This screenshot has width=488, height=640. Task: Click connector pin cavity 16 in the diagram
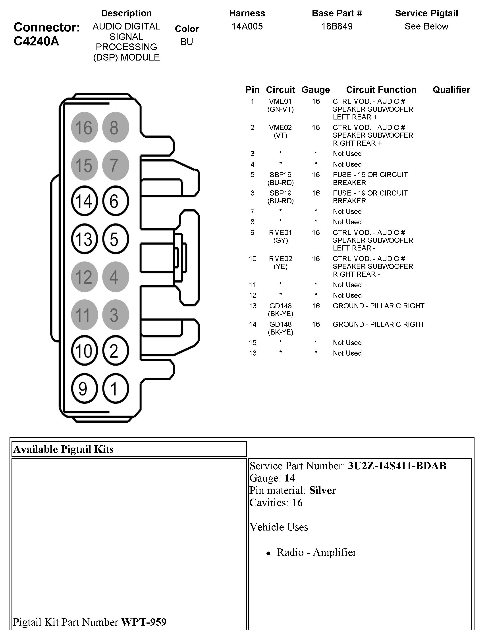pyautogui.click(x=84, y=127)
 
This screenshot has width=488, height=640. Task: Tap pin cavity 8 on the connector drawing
pyautogui.click(x=115, y=127)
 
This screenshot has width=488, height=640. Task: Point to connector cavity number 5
pyautogui.click(x=115, y=239)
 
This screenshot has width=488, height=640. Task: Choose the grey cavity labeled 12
pyautogui.click(x=84, y=277)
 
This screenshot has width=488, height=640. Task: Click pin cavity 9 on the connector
pyautogui.click(x=84, y=388)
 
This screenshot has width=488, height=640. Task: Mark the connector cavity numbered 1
pyautogui.click(x=115, y=388)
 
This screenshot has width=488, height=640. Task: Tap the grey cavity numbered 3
pyautogui.click(x=115, y=315)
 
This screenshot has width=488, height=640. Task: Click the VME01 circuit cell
pyautogui.click(x=280, y=102)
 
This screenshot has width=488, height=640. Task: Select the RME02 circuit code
pyautogui.click(x=280, y=259)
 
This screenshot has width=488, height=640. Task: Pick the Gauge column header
pyautogui.click(x=316, y=90)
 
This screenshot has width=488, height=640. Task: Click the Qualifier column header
pyautogui.click(x=451, y=90)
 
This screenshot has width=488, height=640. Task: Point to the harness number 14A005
pyautogui.click(x=247, y=26)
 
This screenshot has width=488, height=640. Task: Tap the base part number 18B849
pyautogui.click(x=337, y=26)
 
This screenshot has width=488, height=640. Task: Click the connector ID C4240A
pyautogui.click(x=36, y=41)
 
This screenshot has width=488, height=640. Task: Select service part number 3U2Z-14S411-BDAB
pyautogui.click(x=397, y=466)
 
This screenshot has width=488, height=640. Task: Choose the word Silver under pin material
pyautogui.click(x=323, y=490)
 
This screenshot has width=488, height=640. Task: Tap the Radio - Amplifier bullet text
pyautogui.click(x=316, y=552)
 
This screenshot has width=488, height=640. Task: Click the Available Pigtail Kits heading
pyautogui.click(x=63, y=449)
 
